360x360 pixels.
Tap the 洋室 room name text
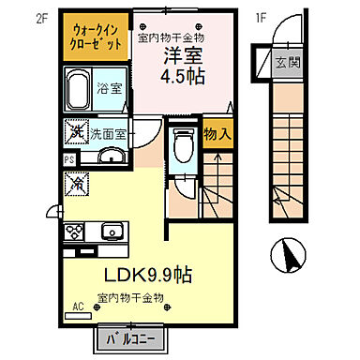pyautogui.click(x=182, y=55)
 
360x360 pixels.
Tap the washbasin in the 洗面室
pyautogui.click(x=111, y=157)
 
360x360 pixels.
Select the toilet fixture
pyautogui.click(x=183, y=147)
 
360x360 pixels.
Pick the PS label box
pyautogui.click(x=69, y=160)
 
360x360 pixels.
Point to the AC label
pyautogui.click(x=78, y=304)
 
